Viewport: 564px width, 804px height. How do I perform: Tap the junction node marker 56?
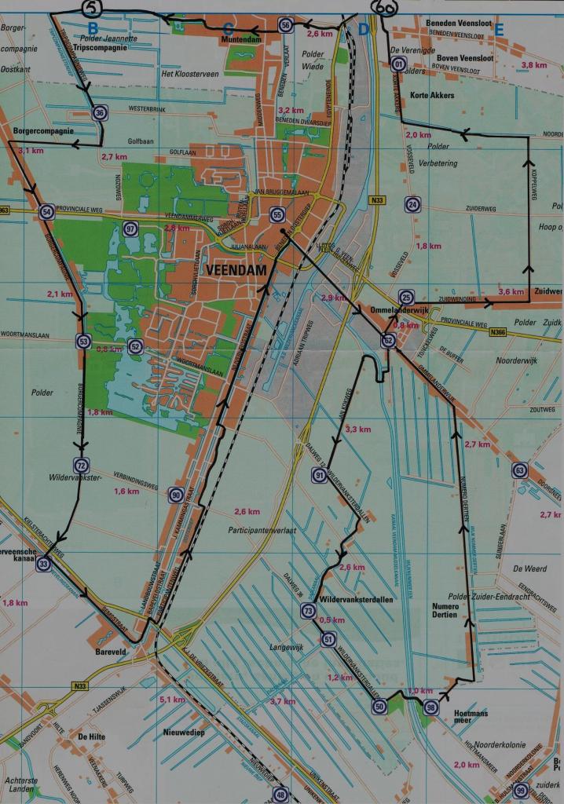pos(286,26)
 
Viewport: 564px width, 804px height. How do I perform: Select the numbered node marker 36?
pos(99,112)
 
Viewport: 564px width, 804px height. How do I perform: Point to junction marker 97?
pos(130,229)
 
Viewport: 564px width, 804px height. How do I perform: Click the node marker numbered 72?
pos(81,465)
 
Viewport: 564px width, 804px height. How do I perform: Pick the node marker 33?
pos(44,563)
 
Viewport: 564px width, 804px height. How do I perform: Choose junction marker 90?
pos(175,494)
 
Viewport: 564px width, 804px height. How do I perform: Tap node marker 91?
pos(318,476)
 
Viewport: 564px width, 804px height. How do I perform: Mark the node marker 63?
pos(518,470)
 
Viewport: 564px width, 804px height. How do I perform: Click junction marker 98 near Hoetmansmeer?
pos(430,707)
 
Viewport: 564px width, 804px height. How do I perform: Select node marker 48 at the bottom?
pos(281,795)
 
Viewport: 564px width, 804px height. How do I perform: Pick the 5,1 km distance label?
pos(171,700)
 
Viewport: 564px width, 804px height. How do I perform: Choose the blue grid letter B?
pos(93,30)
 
